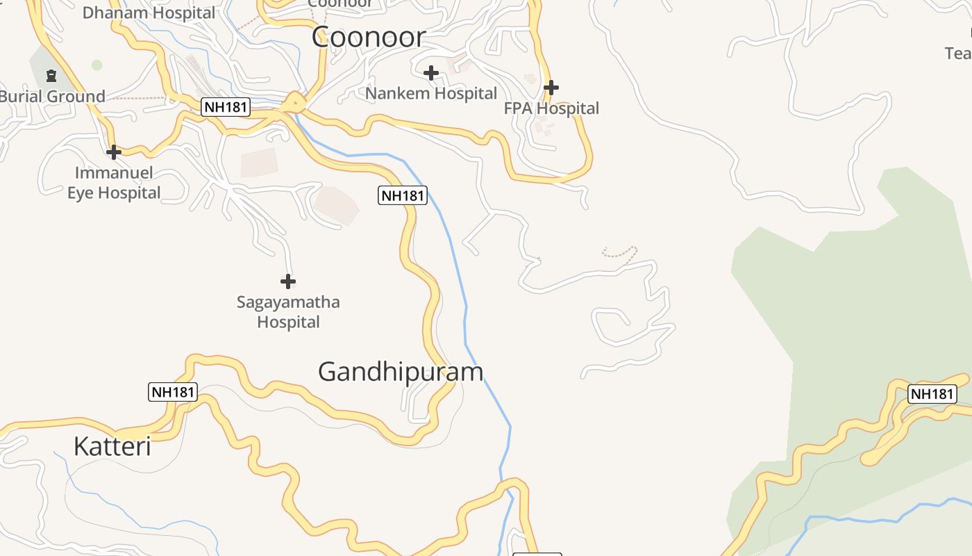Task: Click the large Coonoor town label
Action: [x=368, y=37]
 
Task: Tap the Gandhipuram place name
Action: [x=400, y=372]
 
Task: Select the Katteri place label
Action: [x=112, y=446]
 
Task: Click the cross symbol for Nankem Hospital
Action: [x=431, y=72]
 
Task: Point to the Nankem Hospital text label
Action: [x=431, y=93]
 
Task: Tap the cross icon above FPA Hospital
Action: [x=551, y=88]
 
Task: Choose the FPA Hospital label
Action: [x=551, y=108]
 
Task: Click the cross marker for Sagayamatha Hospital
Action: [x=288, y=281]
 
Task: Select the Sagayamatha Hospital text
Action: [x=288, y=312]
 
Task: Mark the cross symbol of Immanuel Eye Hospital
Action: [x=114, y=152]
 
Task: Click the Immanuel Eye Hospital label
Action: [x=114, y=183]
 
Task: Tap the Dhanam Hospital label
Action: [x=149, y=13]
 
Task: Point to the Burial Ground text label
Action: [x=53, y=97]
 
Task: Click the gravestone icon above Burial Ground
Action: [x=51, y=75]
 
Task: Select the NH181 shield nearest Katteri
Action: [x=173, y=392]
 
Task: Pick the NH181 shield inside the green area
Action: [x=932, y=394]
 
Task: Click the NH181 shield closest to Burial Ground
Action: [x=226, y=107]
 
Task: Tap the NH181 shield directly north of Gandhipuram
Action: [x=403, y=195]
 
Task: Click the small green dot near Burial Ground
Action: [x=97, y=65]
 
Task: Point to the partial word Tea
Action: [x=958, y=54]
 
